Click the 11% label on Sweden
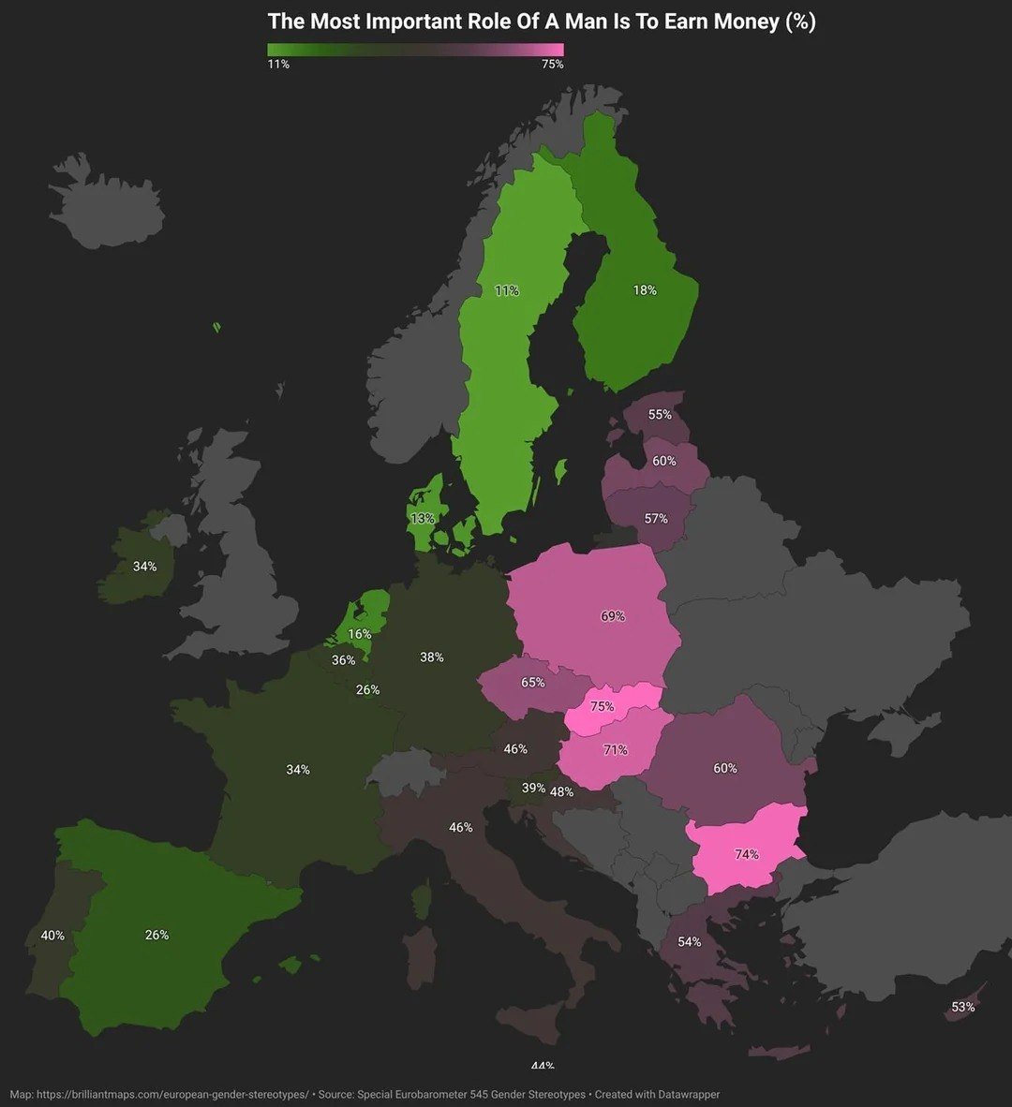507,291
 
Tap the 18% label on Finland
645,290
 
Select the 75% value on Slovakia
603,707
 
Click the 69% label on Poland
613,617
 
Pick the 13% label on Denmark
423,519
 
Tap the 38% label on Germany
432,657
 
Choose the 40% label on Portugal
52,936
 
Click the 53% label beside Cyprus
963,1008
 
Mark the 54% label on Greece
690,942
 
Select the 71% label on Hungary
616,750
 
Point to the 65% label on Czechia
533,683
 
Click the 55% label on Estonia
660,415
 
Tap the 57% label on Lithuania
656,519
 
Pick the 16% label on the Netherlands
360,635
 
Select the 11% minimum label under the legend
278,65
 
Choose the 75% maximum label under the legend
553,65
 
